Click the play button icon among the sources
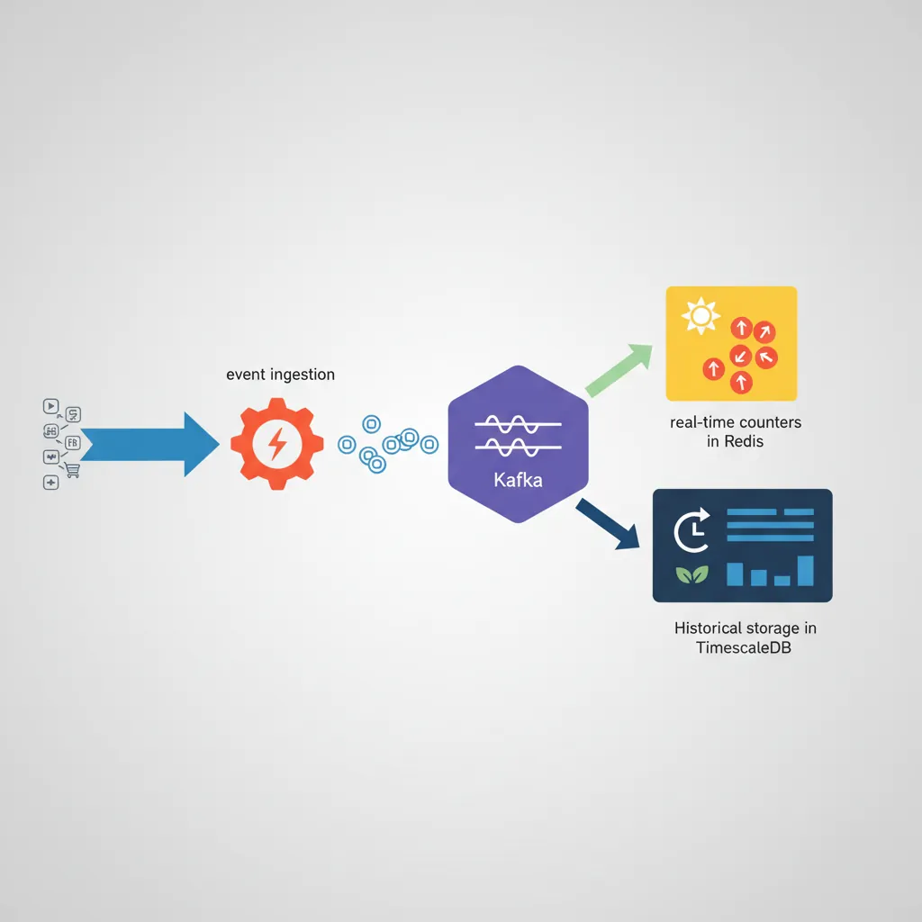pos(50,406)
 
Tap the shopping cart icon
pos(72,470)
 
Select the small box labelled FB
pos(73,442)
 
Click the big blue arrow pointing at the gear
pos(144,443)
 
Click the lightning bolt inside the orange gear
pos(277,443)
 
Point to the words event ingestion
pos(280,375)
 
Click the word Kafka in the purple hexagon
pos(518,480)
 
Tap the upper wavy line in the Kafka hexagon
pos(518,423)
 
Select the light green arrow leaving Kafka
pos(619,370)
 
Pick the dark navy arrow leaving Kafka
pos(607,523)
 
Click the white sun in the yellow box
pos(701,317)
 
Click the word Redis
pos(743,441)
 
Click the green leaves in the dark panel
pos(691,574)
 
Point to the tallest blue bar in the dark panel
pos(805,570)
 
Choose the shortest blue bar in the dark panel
pos(782,580)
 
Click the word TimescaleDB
pos(745,649)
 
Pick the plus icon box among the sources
pos(50,483)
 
